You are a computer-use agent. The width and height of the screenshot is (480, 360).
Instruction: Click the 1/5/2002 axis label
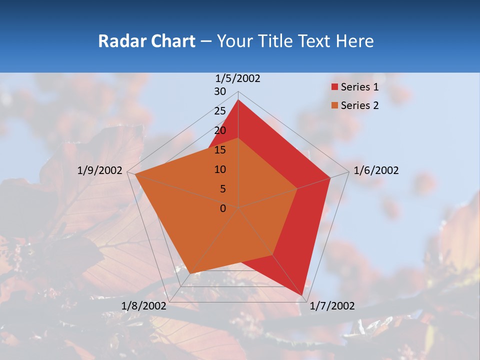[238, 78]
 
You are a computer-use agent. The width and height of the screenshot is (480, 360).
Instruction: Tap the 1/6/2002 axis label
[376, 170]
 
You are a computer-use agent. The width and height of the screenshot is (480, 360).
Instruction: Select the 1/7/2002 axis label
[332, 306]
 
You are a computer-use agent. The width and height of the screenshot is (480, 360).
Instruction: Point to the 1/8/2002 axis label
[144, 306]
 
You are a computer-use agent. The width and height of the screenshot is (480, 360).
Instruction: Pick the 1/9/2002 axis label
[100, 170]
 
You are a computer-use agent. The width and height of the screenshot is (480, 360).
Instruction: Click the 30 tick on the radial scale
[220, 91]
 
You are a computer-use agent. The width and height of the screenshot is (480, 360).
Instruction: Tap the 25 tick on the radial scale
[220, 111]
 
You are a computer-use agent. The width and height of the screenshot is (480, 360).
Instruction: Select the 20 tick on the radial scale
[220, 130]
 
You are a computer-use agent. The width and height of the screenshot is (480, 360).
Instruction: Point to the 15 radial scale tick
[220, 150]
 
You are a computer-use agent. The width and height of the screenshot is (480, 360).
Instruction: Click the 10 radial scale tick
[220, 169]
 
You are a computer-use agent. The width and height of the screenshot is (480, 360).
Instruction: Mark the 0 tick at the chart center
[223, 208]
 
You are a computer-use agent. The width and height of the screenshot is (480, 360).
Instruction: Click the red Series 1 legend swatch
[334, 87]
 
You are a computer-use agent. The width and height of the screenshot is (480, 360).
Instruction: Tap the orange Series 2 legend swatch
[334, 105]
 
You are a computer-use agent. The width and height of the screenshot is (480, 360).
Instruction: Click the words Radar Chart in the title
[146, 41]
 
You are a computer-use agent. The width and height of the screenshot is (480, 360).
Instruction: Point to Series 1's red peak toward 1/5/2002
[238, 100]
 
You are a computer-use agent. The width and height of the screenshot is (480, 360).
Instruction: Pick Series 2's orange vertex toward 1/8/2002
[190, 273]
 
